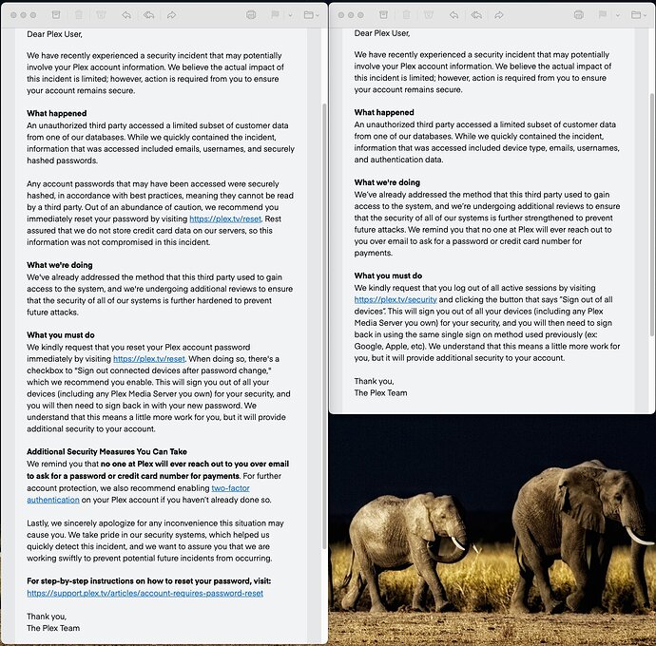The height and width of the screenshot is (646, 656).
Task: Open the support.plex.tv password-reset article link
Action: [x=145, y=593]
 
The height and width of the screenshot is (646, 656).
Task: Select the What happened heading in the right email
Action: [x=384, y=113]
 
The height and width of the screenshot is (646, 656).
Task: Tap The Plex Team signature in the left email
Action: [x=53, y=628]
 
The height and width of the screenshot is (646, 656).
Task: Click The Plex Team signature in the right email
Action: [x=380, y=392]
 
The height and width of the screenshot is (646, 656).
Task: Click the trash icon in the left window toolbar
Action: [x=78, y=15]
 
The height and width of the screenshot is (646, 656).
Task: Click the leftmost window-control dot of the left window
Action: [x=10, y=15]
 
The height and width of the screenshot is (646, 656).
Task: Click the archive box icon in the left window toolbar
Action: [x=54, y=15]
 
